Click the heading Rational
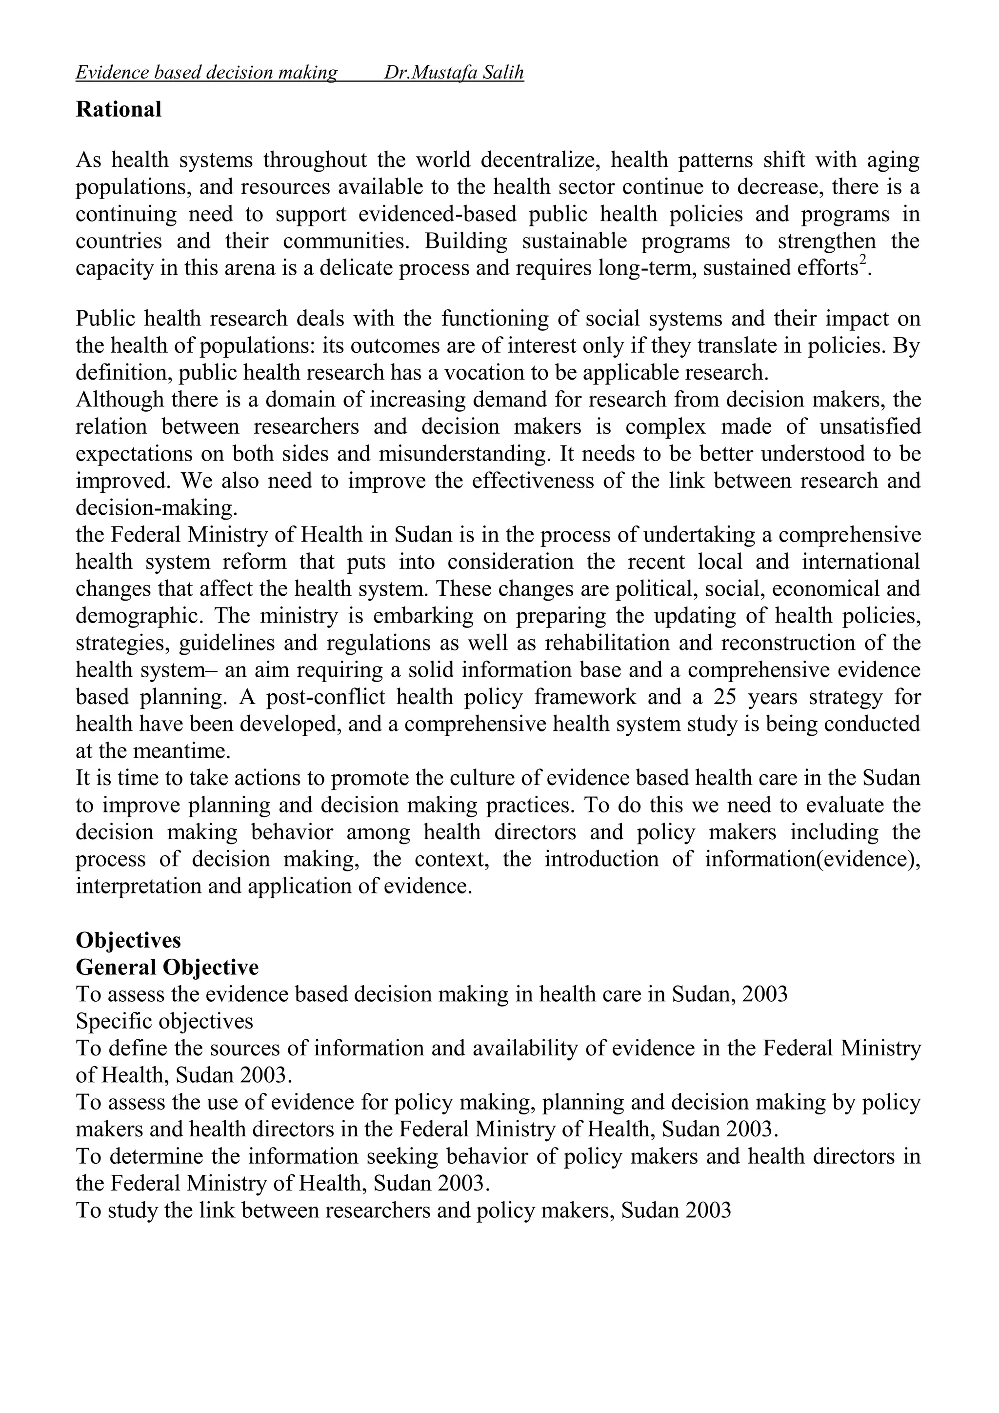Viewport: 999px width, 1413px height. pyautogui.click(x=118, y=110)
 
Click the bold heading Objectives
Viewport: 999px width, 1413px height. pyautogui.click(x=128, y=940)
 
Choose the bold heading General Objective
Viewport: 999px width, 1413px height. pyautogui.click(x=167, y=967)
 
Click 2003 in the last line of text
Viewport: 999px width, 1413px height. pyautogui.click(x=707, y=1210)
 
